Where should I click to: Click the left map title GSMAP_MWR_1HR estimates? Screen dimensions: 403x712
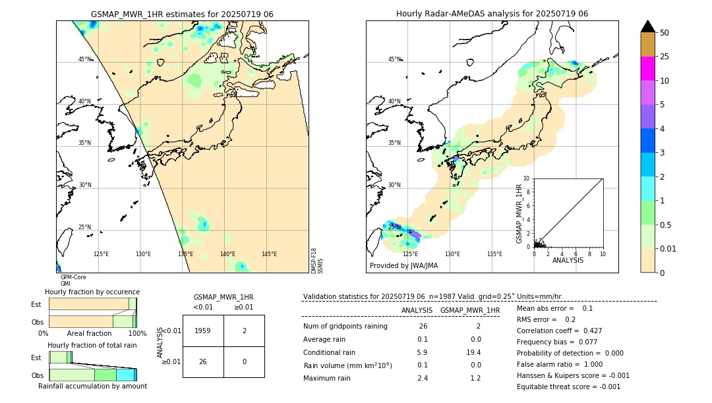(x=182, y=14)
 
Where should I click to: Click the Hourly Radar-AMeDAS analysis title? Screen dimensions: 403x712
(x=492, y=14)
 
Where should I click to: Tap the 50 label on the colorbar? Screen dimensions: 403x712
(x=665, y=33)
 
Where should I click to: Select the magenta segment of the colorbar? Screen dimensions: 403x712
(x=648, y=68)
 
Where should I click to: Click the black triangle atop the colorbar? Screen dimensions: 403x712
(x=648, y=26)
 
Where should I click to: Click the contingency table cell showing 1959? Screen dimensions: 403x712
(x=203, y=331)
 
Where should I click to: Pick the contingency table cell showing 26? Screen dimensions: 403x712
(x=203, y=362)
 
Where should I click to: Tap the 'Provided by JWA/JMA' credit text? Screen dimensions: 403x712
(x=403, y=265)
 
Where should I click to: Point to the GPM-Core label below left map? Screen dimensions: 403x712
(x=73, y=277)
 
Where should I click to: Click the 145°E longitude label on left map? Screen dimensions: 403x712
(x=269, y=254)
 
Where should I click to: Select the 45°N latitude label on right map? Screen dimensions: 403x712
(x=394, y=59)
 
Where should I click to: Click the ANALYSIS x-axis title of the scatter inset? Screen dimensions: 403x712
(x=568, y=260)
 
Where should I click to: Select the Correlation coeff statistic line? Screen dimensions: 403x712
(x=559, y=331)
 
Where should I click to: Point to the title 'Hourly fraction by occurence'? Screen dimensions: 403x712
(x=92, y=292)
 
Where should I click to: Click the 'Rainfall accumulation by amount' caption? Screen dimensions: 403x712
(x=92, y=386)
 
